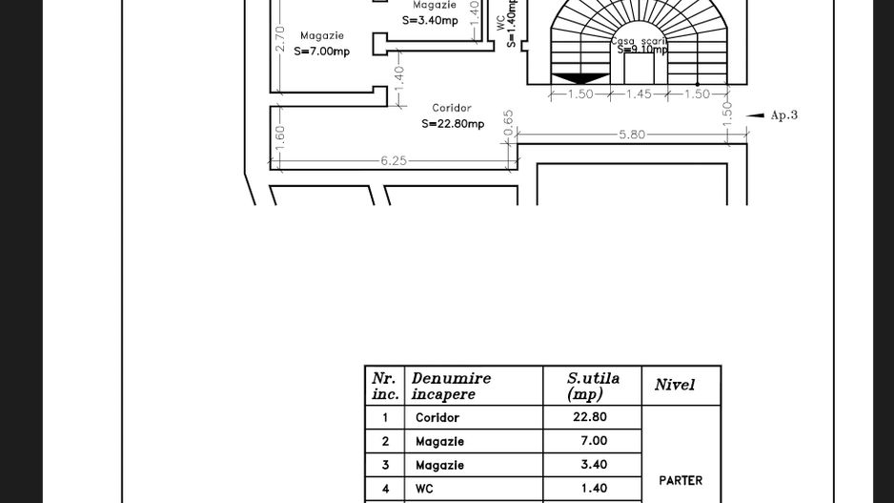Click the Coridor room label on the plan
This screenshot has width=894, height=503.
pyautogui.click(x=452, y=109)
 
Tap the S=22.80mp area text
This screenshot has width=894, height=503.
pyautogui.click(x=453, y=124)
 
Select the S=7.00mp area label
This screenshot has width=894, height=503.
pyautogui.click(x=321, y=52)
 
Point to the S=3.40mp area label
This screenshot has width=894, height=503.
pyautogui.click(x=430, y=20)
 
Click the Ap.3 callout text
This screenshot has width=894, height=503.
pyautogui.click(x=783, y=115)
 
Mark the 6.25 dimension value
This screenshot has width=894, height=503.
pyautogui.click(x=394, y=161)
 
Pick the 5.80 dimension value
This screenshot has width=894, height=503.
pyautogui.click(x=632, y=135)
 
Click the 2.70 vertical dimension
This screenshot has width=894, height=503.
pyautogui.click(x=279, y=39)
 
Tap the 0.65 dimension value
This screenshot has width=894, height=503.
pyautogui.click(x=509, y=121)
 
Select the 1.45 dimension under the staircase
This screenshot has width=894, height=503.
pyautogui.click(x=639, y=94)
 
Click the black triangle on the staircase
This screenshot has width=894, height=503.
pyautogui.click(x=579, y=78)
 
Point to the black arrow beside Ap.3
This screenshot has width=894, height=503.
pyautogui.click(x=755, y=115)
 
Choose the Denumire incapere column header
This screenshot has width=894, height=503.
pyautogui.click(x=451, y=386)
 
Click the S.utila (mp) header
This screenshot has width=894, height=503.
pyautogui.click(x=592, y=386)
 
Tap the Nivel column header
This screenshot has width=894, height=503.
pyautogui.click(x=675, y=386)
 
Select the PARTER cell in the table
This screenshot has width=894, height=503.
pyautogui.click(x=681, y=480)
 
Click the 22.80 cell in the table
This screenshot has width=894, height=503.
pyautogui.click(x=590, y=417)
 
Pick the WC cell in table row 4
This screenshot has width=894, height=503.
pyautogui.click(x=424, y=489)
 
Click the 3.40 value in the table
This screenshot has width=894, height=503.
pyautogui.click(x=593, y=465)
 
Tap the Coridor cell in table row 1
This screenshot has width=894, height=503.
pyautogui.click(x=437, y=418)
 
